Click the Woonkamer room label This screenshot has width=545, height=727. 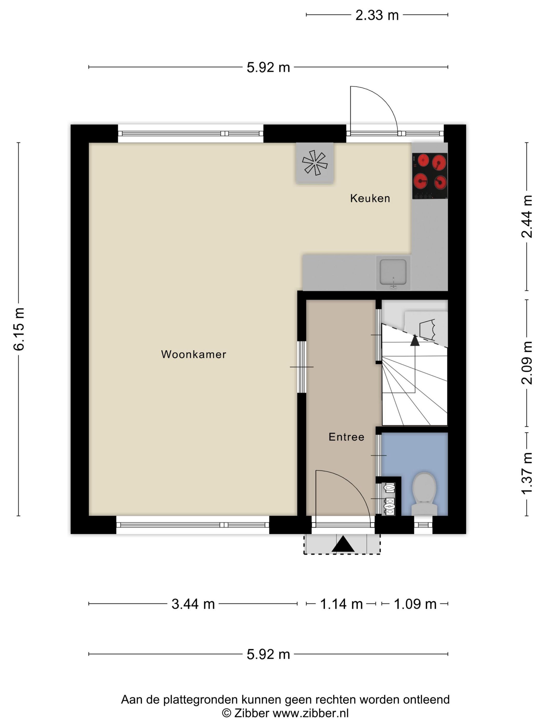coord(194,354)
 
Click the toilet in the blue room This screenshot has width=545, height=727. coord(424,494)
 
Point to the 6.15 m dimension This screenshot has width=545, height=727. coord(19,329)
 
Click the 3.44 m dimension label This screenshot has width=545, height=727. coord(193,604)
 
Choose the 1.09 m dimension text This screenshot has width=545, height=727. coord(415,604)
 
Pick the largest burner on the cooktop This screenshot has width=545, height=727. coord(439,162)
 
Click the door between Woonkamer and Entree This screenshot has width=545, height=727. coord(302,367)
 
